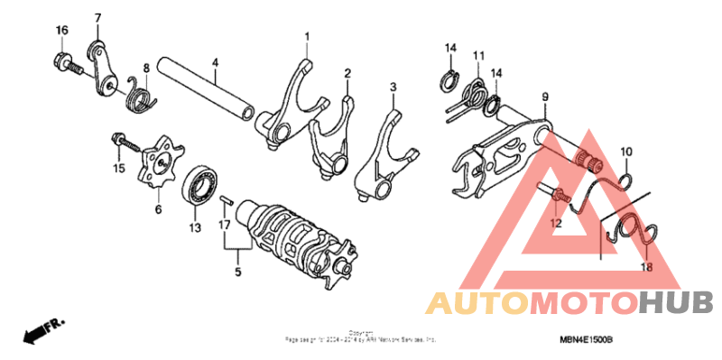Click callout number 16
click(x=61, y=31)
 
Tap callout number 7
click(x=97, y=18)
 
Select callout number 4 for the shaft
click(x=215, y=62)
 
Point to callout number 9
click(x=545, y=97)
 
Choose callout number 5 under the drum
click(x=238, y=270)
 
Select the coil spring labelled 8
click(x=142, y=92)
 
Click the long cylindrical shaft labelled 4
click(x=208, y=88)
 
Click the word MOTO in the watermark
click(x=587, y=302)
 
